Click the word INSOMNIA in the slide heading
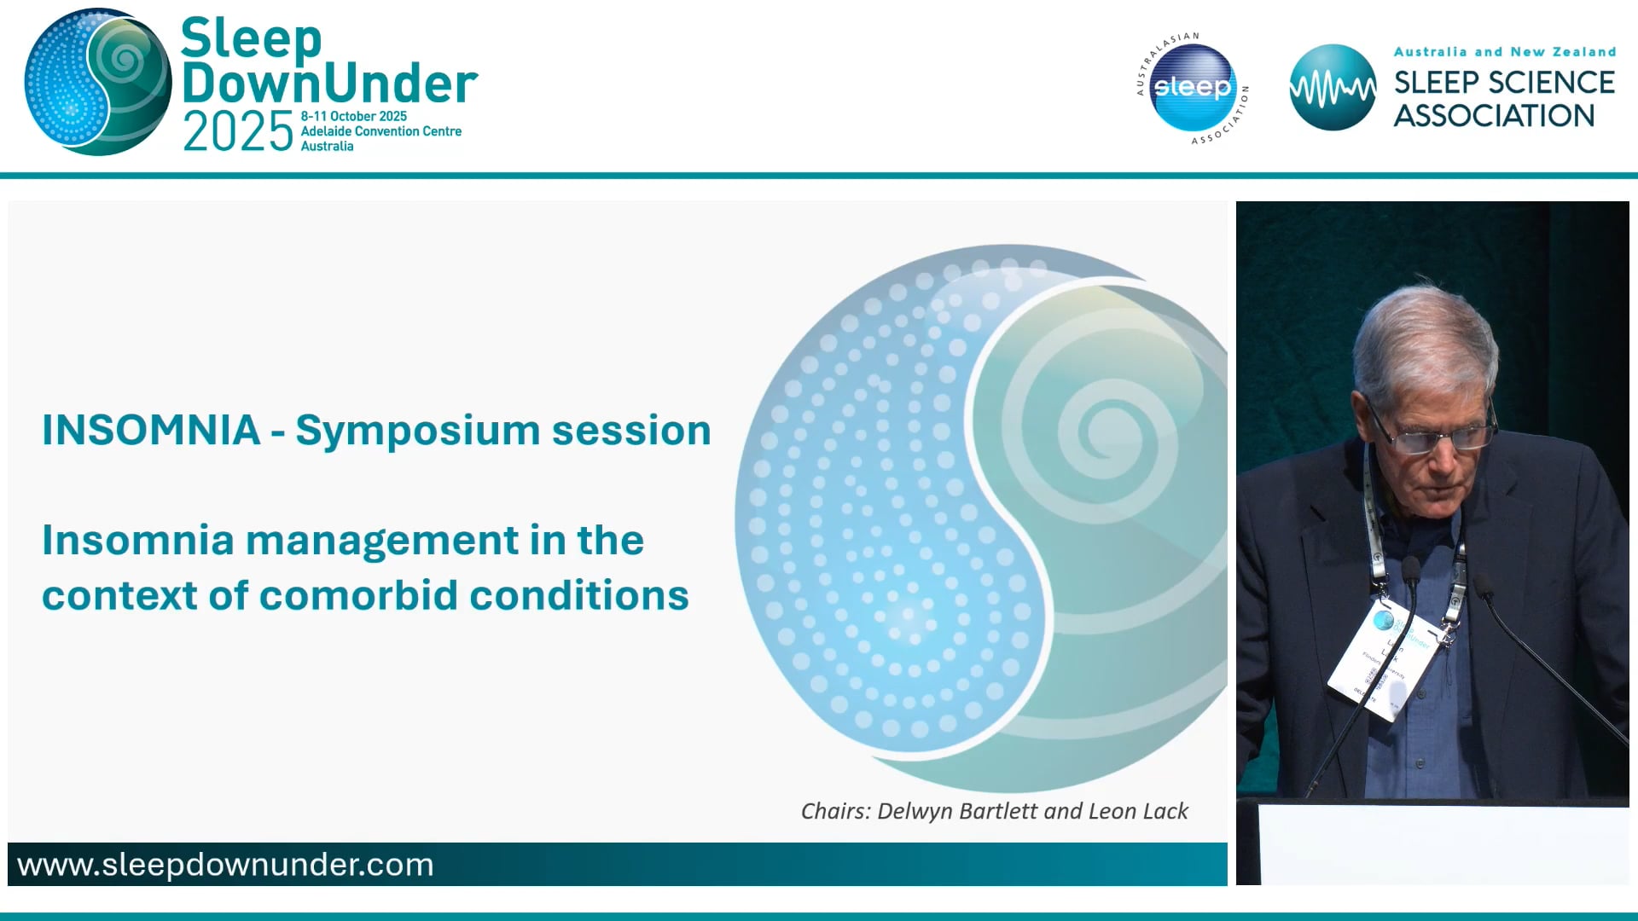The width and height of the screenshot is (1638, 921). (151, 430)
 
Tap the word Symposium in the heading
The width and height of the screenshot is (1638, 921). (417, 431)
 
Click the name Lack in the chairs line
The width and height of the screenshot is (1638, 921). (1166, 811)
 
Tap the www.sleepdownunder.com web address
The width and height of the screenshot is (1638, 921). (225, 865)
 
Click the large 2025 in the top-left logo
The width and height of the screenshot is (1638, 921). (238, 133)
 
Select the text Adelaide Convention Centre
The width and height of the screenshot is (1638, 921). (380, 131)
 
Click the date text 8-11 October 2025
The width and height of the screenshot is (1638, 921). (353, 116)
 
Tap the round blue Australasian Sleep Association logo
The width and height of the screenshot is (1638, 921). (1192, 88)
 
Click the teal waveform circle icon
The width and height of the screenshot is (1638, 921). (1332, 88)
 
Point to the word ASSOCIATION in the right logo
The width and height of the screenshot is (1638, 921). (1494, 116)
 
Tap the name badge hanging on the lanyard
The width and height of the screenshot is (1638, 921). (1382, 661)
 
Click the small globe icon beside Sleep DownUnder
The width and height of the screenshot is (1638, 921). (97, 82)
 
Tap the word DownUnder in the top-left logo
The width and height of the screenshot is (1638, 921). (329, 84)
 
